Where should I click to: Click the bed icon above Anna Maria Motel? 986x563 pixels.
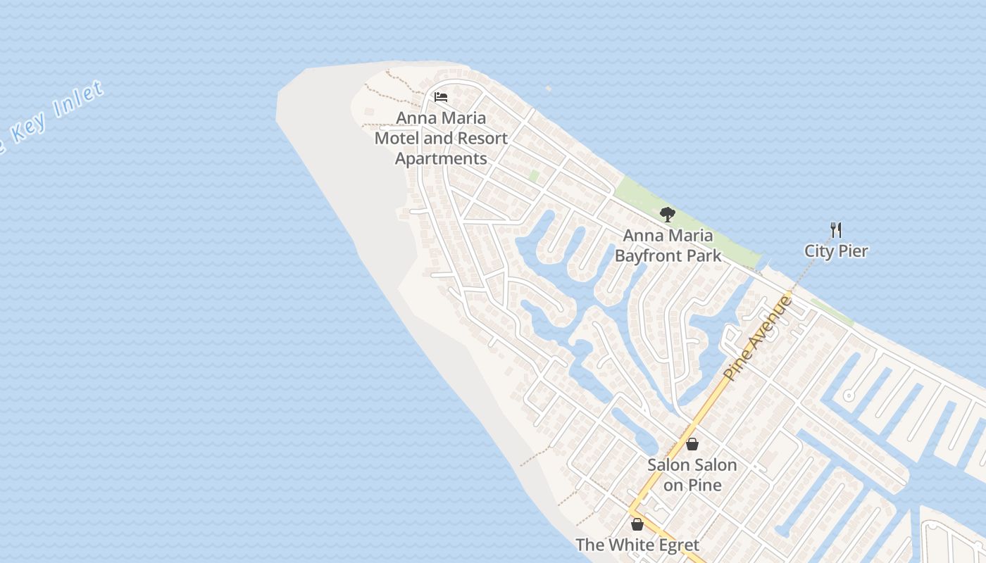tap(441, 97)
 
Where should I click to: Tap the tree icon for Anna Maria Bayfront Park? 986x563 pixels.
tap(667, 214)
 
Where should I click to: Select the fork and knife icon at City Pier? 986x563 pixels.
tap(836, 230)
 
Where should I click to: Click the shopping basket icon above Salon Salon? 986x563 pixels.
tap(692, 444)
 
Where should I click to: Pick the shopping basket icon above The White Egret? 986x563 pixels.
tap(637, 524)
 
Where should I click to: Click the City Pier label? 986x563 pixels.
tap(837, 251)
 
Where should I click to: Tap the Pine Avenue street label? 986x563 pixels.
tap(758, 339)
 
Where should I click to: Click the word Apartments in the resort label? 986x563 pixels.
tap(441, 159)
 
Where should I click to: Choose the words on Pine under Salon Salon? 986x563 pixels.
tap(692, 486)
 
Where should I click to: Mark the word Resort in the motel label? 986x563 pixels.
tap(481, 139)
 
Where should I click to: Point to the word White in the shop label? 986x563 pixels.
tap(629, 545)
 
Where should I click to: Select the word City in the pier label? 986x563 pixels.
tap(819, 251)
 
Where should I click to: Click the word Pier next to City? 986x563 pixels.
tap(853, 251)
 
